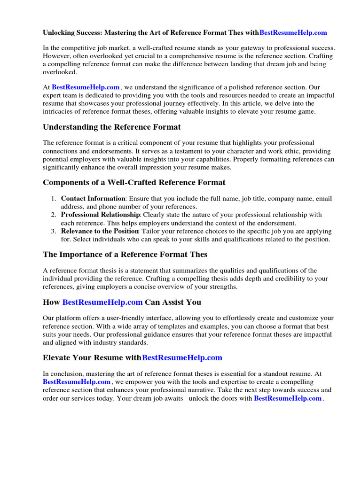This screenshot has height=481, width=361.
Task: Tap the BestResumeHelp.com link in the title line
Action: (293, 33)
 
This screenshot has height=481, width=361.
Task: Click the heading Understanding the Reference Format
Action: (112, 127)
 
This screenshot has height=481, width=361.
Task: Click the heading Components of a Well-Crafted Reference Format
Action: (134, 182)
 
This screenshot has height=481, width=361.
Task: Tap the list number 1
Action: (54, 199)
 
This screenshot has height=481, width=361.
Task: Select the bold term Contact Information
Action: (93, 199)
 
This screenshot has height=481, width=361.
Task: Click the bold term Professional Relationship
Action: (100, 215)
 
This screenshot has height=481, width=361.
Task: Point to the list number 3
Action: (54, 231)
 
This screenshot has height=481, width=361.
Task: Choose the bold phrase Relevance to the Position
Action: (100, 231)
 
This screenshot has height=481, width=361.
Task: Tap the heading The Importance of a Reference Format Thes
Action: (125, 254)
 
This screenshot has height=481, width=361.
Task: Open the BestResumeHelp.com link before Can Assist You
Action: (102, 302)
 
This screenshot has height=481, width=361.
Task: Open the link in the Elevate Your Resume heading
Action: (182, 357)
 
